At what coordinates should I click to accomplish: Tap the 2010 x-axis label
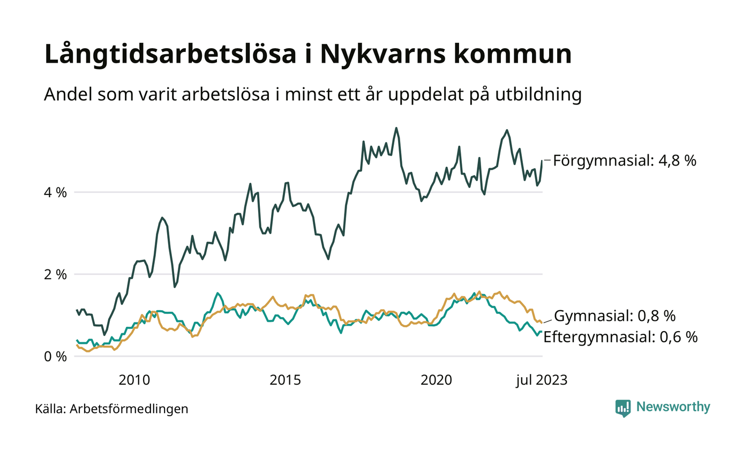[x=134, y=380]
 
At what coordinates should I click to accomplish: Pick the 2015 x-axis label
[x=285, y=380]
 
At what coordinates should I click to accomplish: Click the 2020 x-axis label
[x=436, y=380]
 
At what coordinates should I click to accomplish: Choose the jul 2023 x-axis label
[x=541, y=380]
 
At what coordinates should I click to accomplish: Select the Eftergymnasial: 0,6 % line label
[x=620, y=337]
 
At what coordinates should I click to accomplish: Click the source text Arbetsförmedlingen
[x=129, y=409]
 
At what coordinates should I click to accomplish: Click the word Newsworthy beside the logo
[x=673, y=407]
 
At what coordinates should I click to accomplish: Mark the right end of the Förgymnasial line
[x=542, y=161]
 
